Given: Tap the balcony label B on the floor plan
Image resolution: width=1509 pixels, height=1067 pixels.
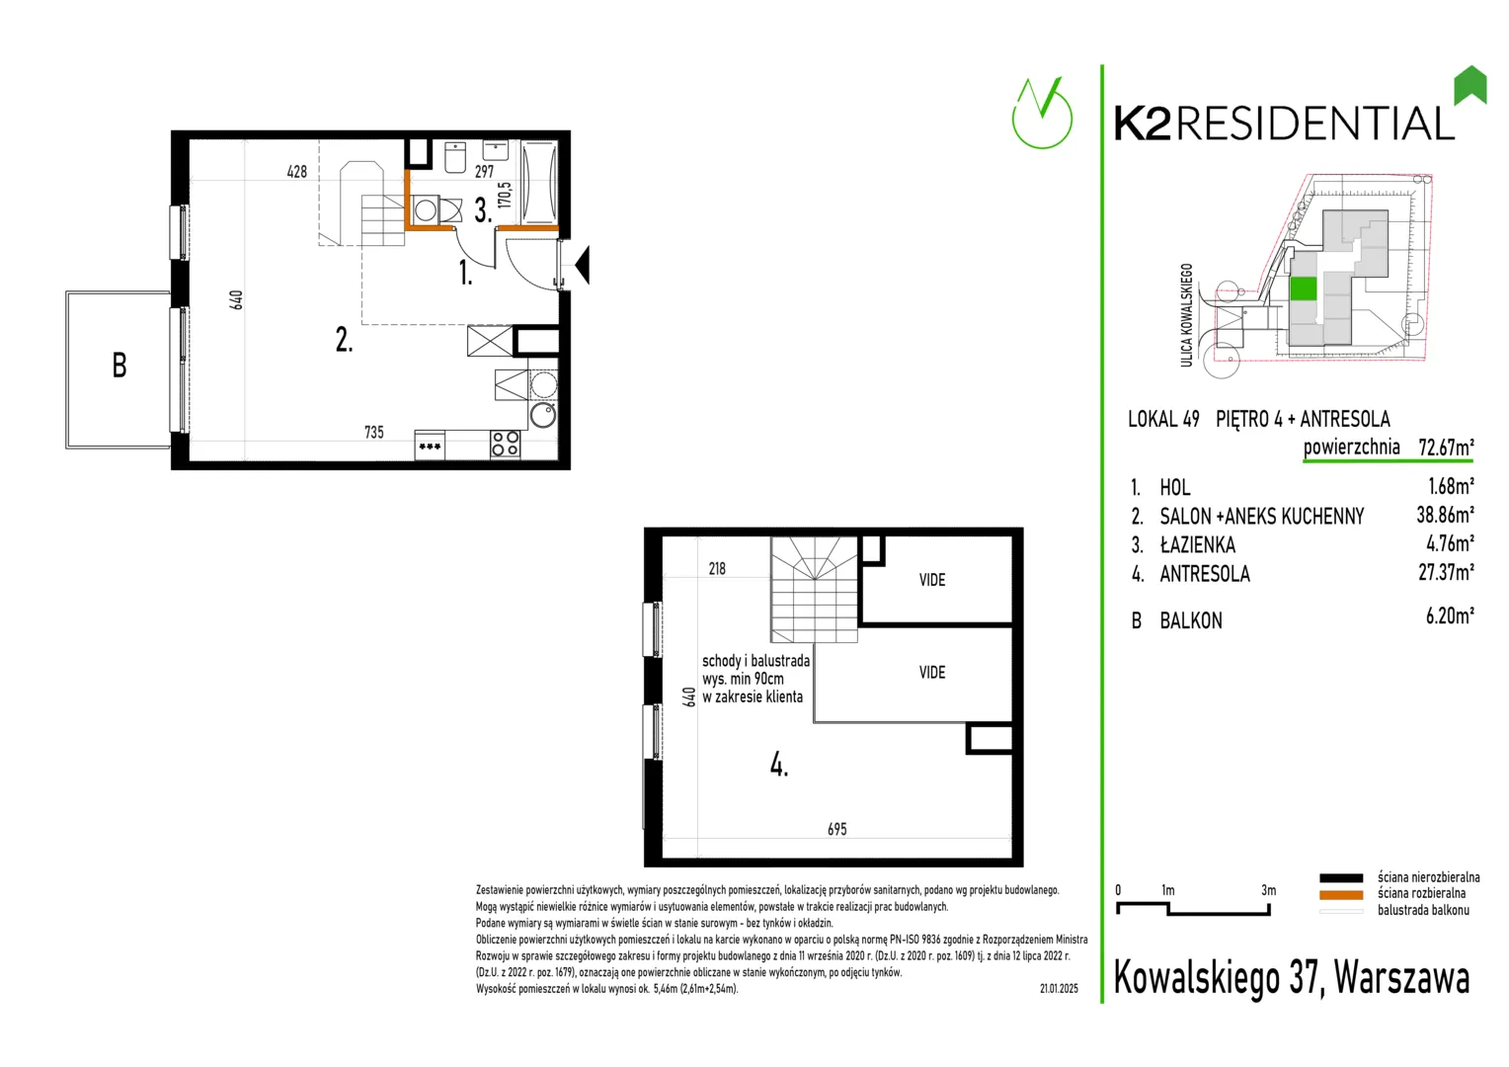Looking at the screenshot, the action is (119, 366).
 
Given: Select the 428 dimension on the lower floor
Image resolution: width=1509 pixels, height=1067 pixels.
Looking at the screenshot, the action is (297, 172).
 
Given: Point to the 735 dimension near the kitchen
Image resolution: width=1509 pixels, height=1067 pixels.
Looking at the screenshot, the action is (374, 432).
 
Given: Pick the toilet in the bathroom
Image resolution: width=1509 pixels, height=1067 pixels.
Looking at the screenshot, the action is (455, 157).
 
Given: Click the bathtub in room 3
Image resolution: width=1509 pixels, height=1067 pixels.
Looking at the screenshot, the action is (539, 181).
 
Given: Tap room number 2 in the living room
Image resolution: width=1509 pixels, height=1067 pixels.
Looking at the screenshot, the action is (344, 340).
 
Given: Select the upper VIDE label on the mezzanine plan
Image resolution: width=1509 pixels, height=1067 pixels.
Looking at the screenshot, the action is (932, 580).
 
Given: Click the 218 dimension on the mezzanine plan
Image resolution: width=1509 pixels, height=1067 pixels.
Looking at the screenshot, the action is (717, 569).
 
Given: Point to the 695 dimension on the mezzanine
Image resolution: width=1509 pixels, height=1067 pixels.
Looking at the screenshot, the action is (836, 829).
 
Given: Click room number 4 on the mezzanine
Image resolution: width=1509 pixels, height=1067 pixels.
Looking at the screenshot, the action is (779, 765).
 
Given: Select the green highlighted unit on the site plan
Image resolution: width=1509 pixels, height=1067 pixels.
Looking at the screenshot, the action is (1303, 289).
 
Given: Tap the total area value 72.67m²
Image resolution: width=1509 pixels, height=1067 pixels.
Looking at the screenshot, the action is (1446, 447).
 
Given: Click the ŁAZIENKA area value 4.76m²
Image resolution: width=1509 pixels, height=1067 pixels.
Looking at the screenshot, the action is (1450, 543).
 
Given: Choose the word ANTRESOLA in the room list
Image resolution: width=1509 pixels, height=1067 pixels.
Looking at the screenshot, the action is (1205, 574).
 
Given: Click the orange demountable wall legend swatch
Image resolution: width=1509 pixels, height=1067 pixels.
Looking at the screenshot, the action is (1340, 895).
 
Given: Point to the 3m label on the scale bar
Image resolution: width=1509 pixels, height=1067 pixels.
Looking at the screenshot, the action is (1268, 890).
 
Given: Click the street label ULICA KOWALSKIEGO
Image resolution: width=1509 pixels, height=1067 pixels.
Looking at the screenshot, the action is (1186, 315).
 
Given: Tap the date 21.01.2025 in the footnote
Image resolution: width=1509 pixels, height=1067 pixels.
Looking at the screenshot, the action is (1059, 989).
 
